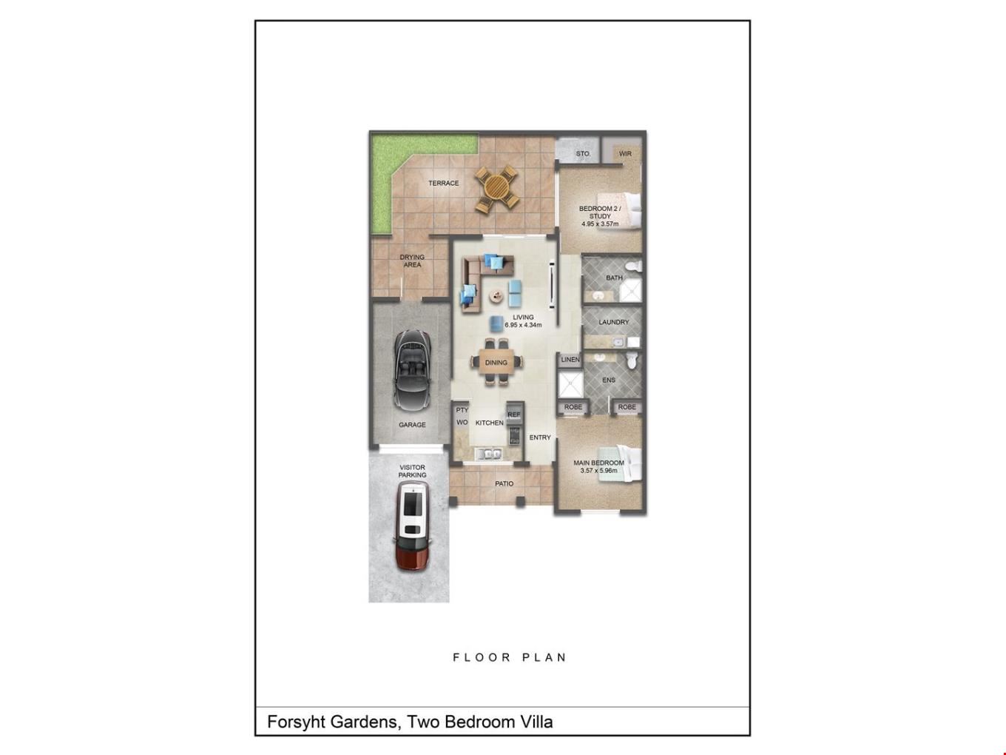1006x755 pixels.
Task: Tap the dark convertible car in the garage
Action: pyautogui.click(x=412, y=369)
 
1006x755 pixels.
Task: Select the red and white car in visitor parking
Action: pyautogui.click(x=413, y=526)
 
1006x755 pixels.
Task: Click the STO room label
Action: pyautogui.click(x=582, y=153)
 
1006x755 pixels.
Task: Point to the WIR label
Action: pyautogui.click(x=625, y=153)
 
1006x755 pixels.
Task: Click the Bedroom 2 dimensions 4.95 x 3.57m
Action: pyautogui.click(x=600, y=224)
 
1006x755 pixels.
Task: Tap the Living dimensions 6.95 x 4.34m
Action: pyautogui.click(x=523, y=325)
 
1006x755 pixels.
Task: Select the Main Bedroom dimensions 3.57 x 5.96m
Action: pyautogui.click(x=598, y=471)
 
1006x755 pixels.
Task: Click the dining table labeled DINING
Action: pyautogui.click(x=496, y=363)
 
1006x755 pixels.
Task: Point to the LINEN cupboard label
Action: pyautogui.click(x=570, y=360)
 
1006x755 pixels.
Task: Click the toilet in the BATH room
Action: pyautogui.click(x=635, y=266)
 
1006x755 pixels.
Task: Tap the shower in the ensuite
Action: pyautogui.click(x=570, y=384)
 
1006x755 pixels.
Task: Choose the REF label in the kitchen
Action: pyautogui.click(x=514, y=415)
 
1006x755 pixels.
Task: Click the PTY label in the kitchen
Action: pyautogui.click(x=462, y=410)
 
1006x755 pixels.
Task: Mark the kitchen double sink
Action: pyautogui.click(x=490, y=454)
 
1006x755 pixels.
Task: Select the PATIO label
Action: pyautogui.click(x=504, y=483)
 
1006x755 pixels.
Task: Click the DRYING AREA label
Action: pyautogui.click(x=412, y=261)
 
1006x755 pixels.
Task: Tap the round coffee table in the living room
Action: pyautogui.click(x=495, y=296)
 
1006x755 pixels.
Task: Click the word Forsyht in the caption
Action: pyautogui.click(x=296, y=722)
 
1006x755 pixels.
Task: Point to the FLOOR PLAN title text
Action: pyautogui.click(x=510, y=658)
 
